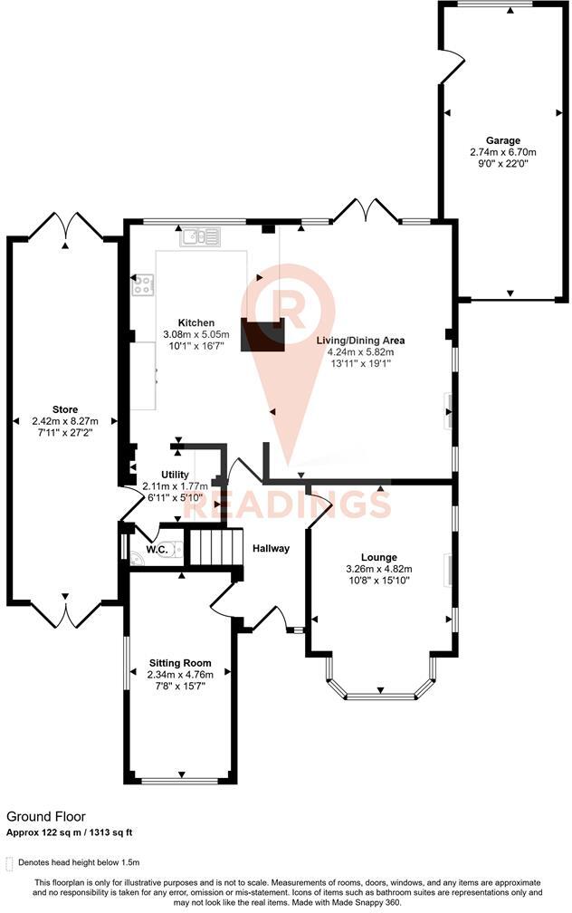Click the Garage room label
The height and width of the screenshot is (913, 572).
502,140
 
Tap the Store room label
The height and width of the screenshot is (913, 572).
64,408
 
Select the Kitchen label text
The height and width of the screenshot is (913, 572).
195,322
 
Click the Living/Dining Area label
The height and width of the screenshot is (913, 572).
359,341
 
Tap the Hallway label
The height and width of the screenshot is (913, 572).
271,548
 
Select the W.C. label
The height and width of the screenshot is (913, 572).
156,550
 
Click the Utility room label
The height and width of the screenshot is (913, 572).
175,474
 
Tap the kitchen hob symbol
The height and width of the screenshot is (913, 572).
143,285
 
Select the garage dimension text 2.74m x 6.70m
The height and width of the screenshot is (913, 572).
502,152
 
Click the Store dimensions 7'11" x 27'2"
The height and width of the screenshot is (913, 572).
64,432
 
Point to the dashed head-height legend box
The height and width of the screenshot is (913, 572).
10,862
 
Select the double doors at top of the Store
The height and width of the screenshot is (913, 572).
65,226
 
